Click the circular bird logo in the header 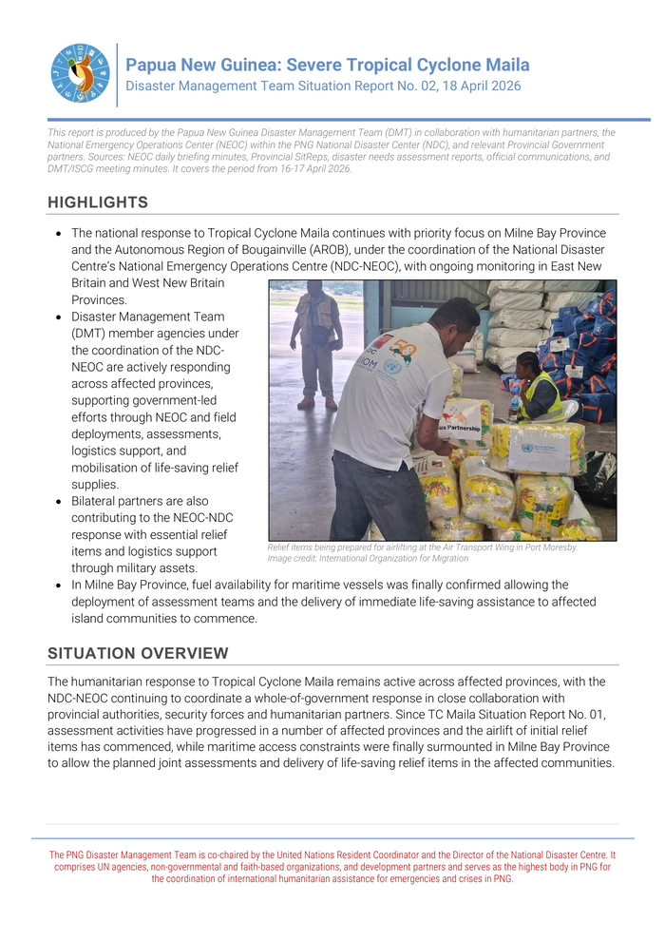pos(81,73)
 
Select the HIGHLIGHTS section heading pos(98,202)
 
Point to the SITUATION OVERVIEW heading pos(138,653)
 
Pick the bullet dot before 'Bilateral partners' pos(59,501)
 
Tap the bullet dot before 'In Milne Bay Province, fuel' pos(59,586)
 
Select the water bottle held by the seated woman pos(514,407)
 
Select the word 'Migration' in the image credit pos(446,559)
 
